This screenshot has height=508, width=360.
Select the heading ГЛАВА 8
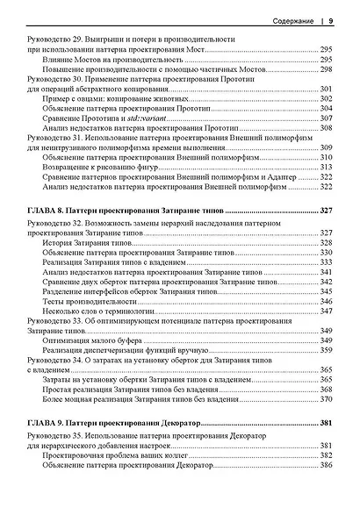[50, 212]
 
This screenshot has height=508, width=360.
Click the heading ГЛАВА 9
[50, 424]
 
